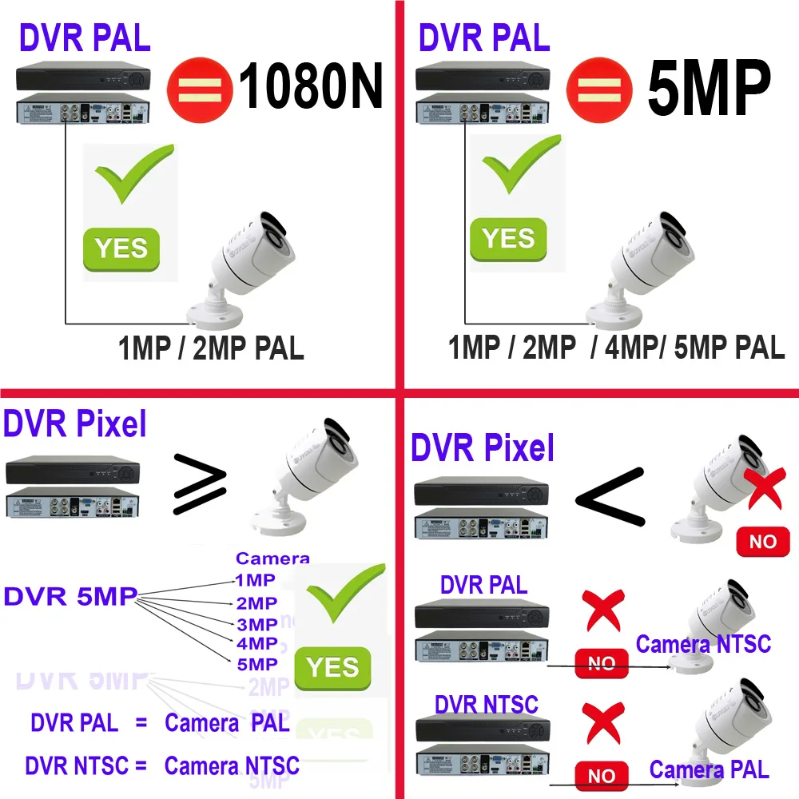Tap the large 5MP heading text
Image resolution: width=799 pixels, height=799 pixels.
click(x=708, y=88)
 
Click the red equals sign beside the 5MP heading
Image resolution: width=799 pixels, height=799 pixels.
click(x=598, y=86)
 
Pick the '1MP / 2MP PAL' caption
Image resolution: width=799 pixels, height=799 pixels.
click(x=211, y=349)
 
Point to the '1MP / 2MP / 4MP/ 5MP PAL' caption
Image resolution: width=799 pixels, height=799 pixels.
click(x=616, y=348)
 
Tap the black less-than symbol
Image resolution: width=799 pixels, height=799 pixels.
click(x=610, y=496)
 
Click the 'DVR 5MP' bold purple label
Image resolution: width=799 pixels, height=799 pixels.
click(x=70, y=596)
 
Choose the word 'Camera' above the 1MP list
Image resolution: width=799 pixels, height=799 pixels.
click(x=272, y=559)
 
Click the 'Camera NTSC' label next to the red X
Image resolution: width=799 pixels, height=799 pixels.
click(x=703, y=643)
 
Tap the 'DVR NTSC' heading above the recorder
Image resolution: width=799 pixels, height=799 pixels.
click(x=486, y=705)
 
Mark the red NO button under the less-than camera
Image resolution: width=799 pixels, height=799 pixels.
click(x=762, y=542)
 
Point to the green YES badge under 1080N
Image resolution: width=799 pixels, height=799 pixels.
click(x=121, y=248)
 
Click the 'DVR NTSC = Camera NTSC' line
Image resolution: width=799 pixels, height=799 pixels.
click(x=162, y=765)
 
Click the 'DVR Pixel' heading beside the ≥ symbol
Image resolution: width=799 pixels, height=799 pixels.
click(x=75, y=424)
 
